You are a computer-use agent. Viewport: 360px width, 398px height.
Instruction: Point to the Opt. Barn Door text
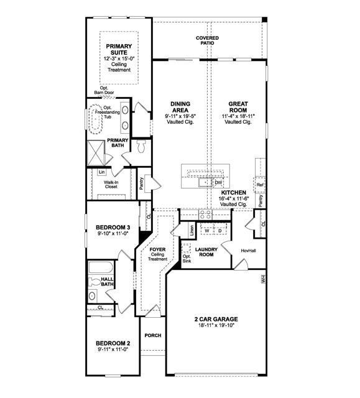pyautogui.click(x=101, y=91)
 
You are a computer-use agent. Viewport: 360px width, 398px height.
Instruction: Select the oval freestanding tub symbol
pyautogui.click(x=96, y=119)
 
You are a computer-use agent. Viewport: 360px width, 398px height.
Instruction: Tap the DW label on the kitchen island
pyautogui.click(x=218, y=183)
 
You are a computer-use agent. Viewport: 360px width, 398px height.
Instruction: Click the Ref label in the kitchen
pyautogui.click(x=260, y=185)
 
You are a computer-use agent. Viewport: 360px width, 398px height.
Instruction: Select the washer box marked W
pyautogui.click(x=206, y=231)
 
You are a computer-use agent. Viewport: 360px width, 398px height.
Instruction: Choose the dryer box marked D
pyautogui.click(x=219, y=231)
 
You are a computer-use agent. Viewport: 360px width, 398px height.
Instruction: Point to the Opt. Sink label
pyautogui.click(x=187, y=257)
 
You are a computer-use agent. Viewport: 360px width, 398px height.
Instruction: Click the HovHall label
pyautogui.click(x=240, y=251)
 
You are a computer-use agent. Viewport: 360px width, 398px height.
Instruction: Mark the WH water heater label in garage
pyautogui.click(x=263, y=279)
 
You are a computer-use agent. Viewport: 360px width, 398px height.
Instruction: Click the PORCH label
pyautogui.click(x=153, y=335)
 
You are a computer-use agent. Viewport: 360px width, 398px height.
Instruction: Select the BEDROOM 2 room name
pyautogui.click(x=113, y=343)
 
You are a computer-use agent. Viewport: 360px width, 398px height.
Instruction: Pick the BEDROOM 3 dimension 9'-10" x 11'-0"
pyautogui.click(x=113, y=234)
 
